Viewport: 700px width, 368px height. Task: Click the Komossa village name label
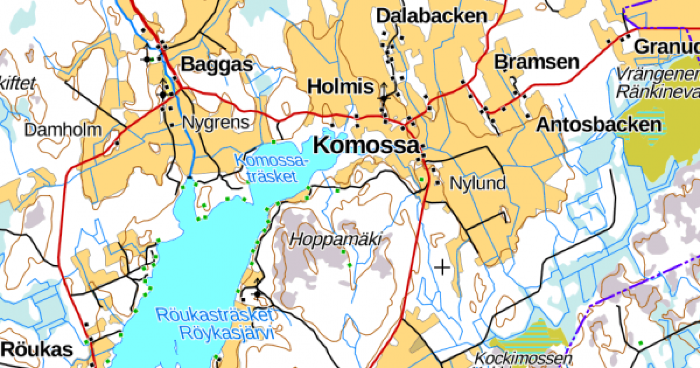click(366, 145)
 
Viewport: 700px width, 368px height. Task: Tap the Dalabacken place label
click(431, 16)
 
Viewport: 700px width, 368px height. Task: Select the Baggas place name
click(217, 64)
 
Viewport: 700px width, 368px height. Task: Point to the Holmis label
click(340, 87)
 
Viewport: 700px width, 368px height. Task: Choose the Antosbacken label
click(598, 124)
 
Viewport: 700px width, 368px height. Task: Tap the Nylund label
click(478, 183)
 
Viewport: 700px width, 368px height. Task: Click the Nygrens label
click(216, 123)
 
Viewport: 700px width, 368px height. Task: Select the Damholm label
click(62, 130)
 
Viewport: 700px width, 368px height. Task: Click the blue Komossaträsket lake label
click(270, 168)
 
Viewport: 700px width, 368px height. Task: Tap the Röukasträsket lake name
click(214, 315)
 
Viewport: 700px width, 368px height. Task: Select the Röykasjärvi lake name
click(227, 334)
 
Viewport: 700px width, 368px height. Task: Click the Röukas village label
click(37, 350)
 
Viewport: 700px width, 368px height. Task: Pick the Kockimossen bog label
click(523, 357)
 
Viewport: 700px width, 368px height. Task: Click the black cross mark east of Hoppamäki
click(443, 268)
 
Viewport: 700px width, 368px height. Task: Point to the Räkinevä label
click(657, 92)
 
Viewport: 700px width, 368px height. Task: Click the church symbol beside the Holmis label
click(383, 93)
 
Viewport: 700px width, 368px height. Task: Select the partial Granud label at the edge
click(666, 47)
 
